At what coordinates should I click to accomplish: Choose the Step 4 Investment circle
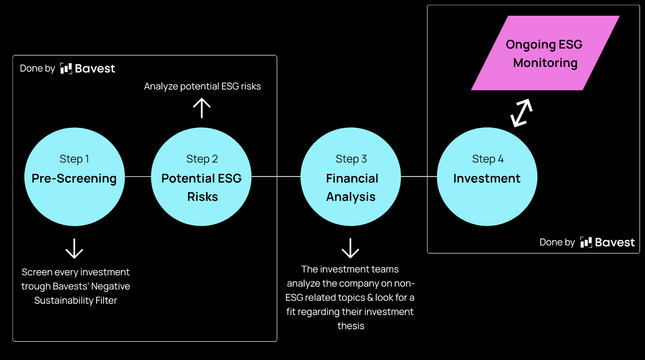487,202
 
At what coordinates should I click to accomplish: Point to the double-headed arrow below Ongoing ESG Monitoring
521,113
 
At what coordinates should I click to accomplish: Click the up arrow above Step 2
202,108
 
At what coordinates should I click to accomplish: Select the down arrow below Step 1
74,248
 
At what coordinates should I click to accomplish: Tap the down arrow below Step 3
350,248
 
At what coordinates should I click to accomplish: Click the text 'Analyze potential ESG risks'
202,86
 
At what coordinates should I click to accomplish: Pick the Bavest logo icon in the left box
66,69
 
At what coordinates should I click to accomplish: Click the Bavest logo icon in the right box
586,242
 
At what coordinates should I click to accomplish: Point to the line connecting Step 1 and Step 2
138,177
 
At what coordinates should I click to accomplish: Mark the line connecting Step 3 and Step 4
419,177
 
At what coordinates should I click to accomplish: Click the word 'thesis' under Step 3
351,326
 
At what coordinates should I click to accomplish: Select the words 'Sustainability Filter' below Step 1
76,300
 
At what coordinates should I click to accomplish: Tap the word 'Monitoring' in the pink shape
545,63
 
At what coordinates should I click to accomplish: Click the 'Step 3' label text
351,159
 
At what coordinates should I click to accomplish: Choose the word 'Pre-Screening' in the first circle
74,178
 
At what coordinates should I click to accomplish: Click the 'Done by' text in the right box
557,242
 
